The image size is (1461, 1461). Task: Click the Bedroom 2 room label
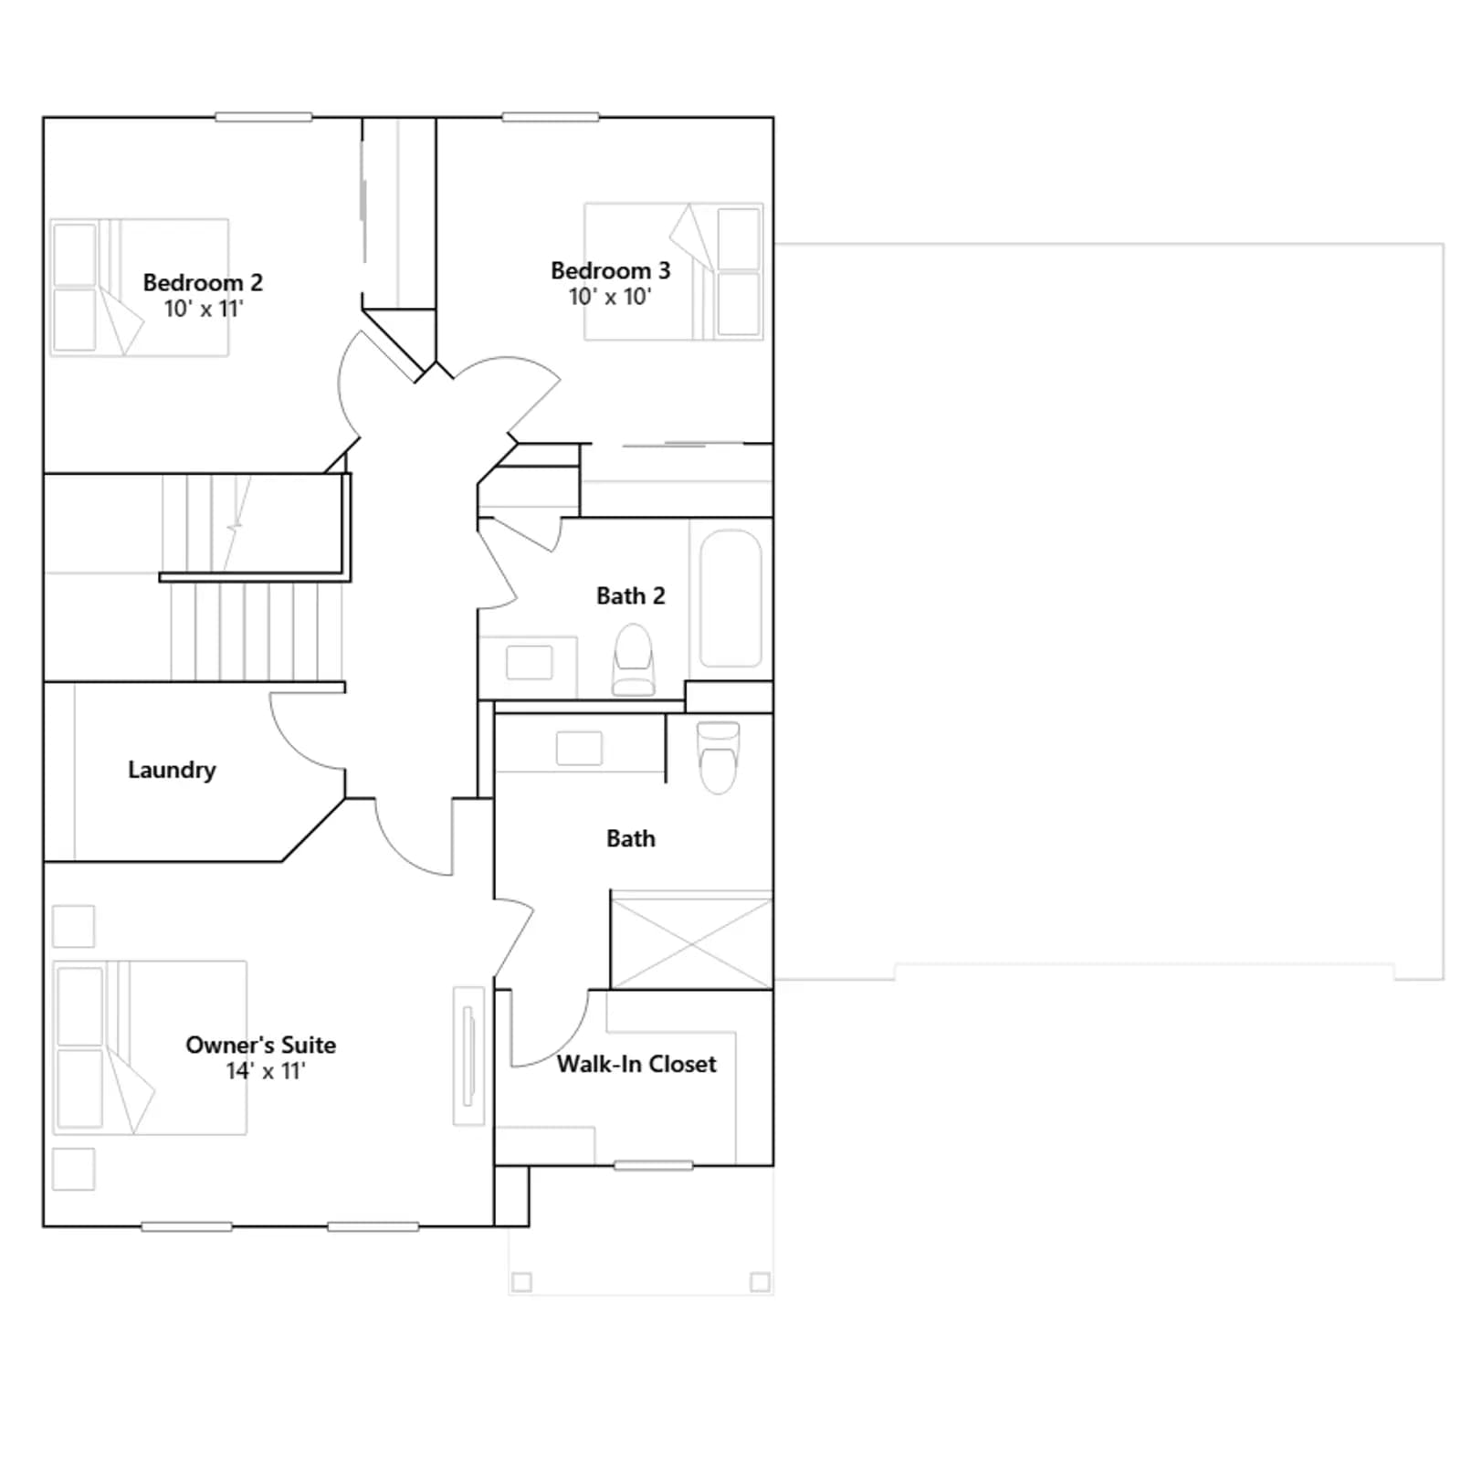coord(203,283)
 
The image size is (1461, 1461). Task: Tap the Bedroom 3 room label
coord(610,271)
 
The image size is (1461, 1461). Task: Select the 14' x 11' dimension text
coord(266,1071)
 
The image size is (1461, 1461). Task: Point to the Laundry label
coord(172,771)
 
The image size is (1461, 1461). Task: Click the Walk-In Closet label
coord(636,1065)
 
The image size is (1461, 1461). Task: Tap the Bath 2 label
coord(630,596)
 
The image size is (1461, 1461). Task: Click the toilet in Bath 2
coord(634,659)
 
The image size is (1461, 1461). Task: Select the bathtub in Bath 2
coord(730,598)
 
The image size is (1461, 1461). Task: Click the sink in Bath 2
coord(530,662)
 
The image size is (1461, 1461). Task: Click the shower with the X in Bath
coord(691,941)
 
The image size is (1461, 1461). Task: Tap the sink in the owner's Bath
coord(579,749)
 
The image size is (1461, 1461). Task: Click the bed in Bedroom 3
coord(674,271)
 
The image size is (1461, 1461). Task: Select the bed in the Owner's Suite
coord(150,1047)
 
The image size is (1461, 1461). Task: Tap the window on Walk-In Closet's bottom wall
coord(653,1165)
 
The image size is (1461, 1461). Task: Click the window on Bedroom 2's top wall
coord(264,117)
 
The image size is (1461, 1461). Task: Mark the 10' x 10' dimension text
coord(610,297)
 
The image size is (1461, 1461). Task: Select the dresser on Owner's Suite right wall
coord(469,1056)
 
